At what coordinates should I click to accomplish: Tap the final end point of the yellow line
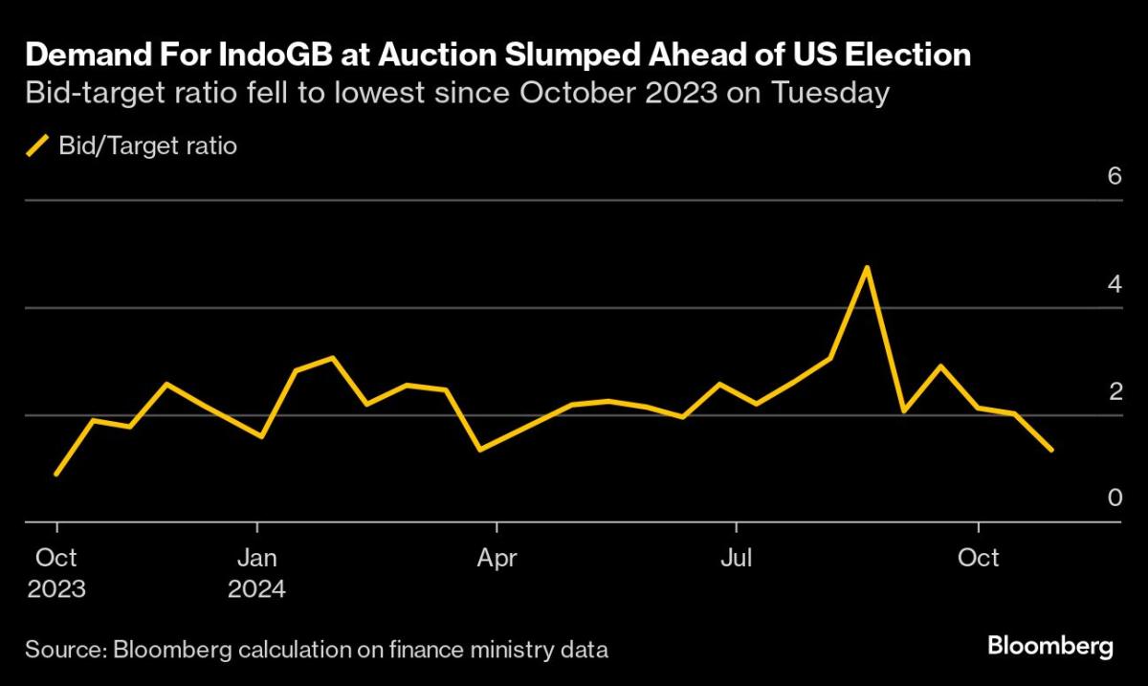click(1052, 450)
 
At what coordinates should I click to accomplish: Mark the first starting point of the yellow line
click(56, 474)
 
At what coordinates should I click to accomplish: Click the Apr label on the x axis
click(497, 558)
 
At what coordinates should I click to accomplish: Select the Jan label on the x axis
click(257, 558)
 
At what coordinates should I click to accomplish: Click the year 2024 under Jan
click(257, 588)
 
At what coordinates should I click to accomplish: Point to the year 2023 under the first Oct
click(56, 588)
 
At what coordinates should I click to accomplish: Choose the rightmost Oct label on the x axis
click(978, 558)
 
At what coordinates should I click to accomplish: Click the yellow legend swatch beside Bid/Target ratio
click(37, 146)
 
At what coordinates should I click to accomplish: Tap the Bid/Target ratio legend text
click(147, 146)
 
